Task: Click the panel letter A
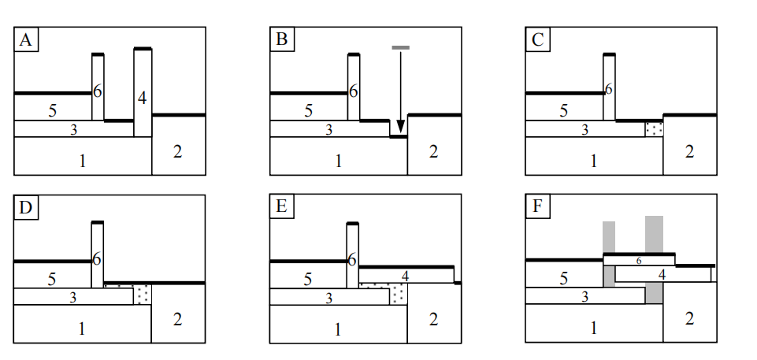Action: tap(26, 40)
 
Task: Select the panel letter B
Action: tap(281, 40)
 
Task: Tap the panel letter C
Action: tap(538, 40)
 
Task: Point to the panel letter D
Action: tap(26, 207)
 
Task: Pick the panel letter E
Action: tap(281, 207)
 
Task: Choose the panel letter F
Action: tap(537, 207)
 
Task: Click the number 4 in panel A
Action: tap(142, 98)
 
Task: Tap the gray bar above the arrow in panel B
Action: tap(400, 48)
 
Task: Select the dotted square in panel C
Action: tap(654, 128)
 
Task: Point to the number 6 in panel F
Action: tap(639, 261)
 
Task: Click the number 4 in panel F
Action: tap(662, 274)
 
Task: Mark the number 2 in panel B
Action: tap(433, 152)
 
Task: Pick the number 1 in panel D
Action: tap(81, 329)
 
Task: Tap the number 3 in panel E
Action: tap(328, 297)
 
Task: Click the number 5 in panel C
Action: tap(563, 110)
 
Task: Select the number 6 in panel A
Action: tap(98, 91)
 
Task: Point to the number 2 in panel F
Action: tap(689, 319)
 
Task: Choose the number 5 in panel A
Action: tap(52, 110)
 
